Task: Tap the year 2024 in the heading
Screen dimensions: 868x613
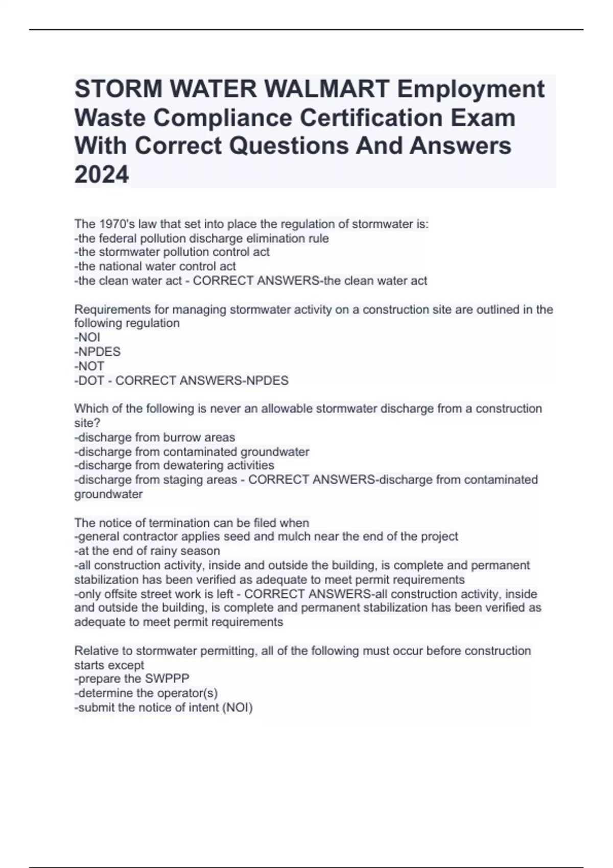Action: tap(102, 175)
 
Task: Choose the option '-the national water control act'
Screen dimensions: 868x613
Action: tap(155, 266)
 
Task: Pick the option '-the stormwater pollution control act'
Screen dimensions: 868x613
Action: tap(172, 252)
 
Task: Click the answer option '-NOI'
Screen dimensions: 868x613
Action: tap(87, 337)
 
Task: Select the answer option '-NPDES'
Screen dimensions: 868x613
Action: tap(98, 352)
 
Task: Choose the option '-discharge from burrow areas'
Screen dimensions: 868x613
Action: tap(155, 438)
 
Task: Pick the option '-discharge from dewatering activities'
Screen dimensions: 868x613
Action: tap(174, 466)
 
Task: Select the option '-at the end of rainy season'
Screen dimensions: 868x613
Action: tap(147, 551)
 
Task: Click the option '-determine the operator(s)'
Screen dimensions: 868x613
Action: tap(146, 693)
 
